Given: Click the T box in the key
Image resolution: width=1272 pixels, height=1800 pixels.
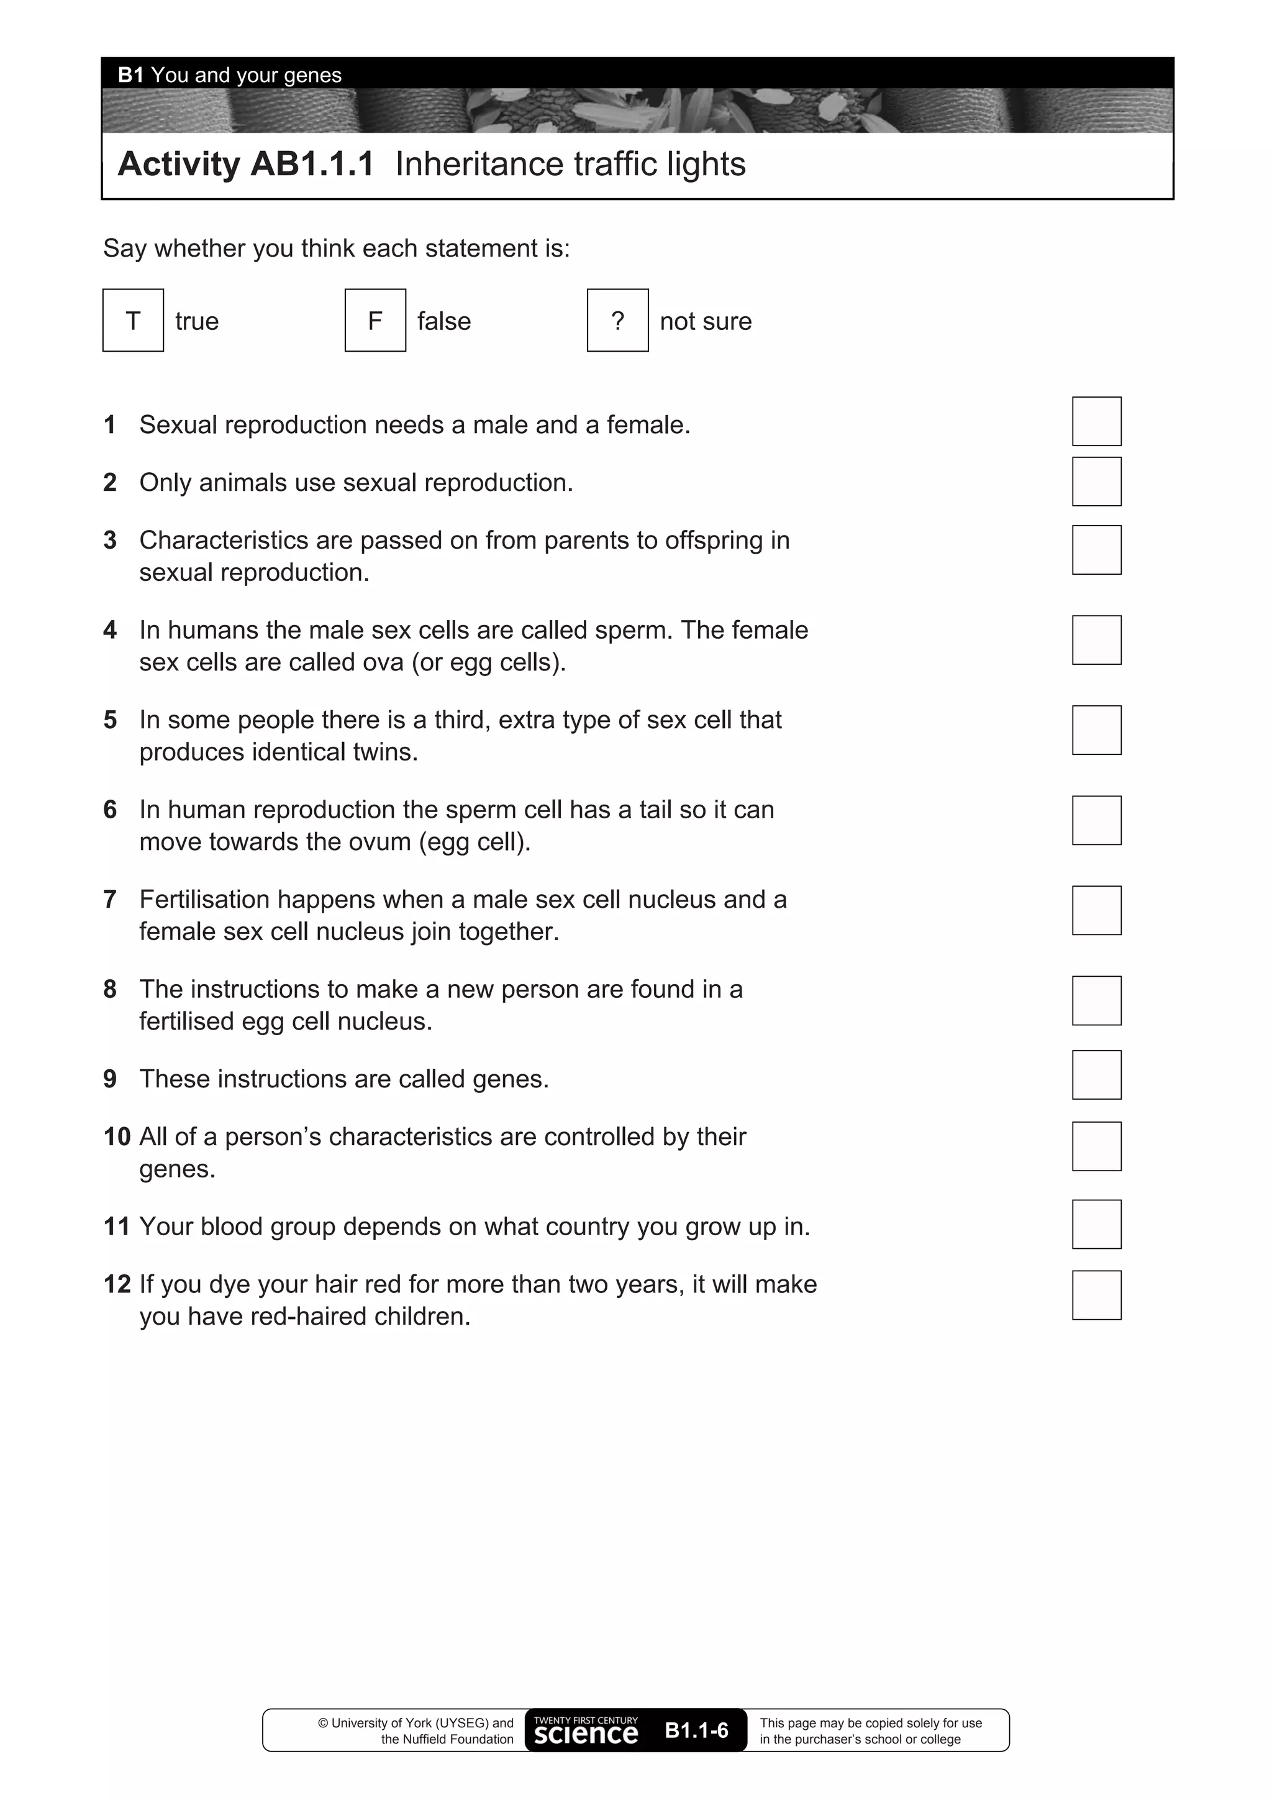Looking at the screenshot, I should point(134,321).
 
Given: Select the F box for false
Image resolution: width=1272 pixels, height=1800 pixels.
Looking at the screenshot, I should point(375,321).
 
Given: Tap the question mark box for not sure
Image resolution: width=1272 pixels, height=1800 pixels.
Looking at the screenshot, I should point(617,321).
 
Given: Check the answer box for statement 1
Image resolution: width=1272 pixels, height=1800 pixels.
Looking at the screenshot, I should point(1096,422).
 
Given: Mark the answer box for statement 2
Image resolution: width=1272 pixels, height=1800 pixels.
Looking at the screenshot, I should point(1096,482).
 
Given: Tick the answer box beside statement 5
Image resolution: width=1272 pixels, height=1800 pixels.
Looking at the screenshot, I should point(1096,730).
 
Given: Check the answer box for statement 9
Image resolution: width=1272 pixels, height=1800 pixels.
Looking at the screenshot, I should point(1096,1075).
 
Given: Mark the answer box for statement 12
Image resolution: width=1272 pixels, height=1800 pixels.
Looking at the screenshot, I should point(1096,1295).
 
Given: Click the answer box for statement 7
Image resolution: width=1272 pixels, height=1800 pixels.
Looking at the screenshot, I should point(1096,910).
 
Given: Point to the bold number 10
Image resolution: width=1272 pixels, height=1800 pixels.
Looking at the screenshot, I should point(117,1137).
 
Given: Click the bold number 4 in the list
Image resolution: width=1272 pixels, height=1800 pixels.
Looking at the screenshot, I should point(110,630).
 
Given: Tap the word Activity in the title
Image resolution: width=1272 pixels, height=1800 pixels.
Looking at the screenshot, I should point(179,165).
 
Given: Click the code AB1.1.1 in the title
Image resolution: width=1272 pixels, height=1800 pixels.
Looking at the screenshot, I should point(312,165).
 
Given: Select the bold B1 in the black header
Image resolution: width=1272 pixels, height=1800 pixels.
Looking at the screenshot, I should point(131,75).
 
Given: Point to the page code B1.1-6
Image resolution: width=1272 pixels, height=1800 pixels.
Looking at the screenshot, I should point(696,1730).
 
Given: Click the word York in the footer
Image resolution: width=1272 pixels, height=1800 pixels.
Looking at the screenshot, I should point(419,1722).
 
